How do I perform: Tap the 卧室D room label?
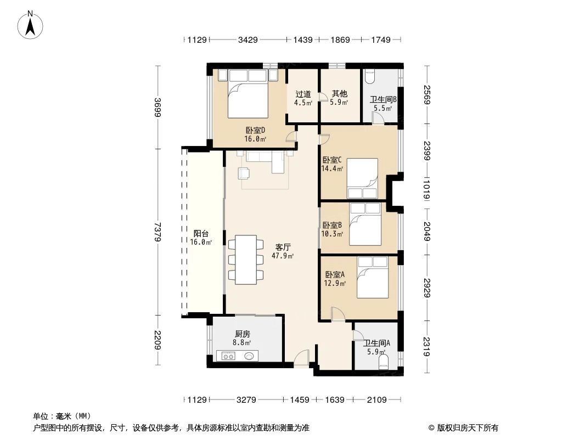pyautogui.click(x=255, y=134)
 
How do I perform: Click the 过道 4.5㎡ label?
pyautogui.click(x=303, y=98)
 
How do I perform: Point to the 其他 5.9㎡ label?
pyautogui.click(x=339, y=98)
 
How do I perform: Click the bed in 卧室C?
pyautogui.click(x=362, y=177)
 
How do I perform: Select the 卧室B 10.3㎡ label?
pyautogui.click(x=333, y=229)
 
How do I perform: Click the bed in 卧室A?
pyautogui.click(x=373, y=278)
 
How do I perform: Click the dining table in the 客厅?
pyautogui.click(x=243, y=260)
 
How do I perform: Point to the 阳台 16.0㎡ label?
pyautogui.click(x=200, y=237)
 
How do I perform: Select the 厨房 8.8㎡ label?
pyautogui.click(x=243, y=337)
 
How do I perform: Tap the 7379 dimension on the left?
pyautogui.click(x=157, y=231)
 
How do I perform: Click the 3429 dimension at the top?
pyautogui.click(x=248, y=40)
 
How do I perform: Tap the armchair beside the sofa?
pyautogui.click(x=244, y=173)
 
